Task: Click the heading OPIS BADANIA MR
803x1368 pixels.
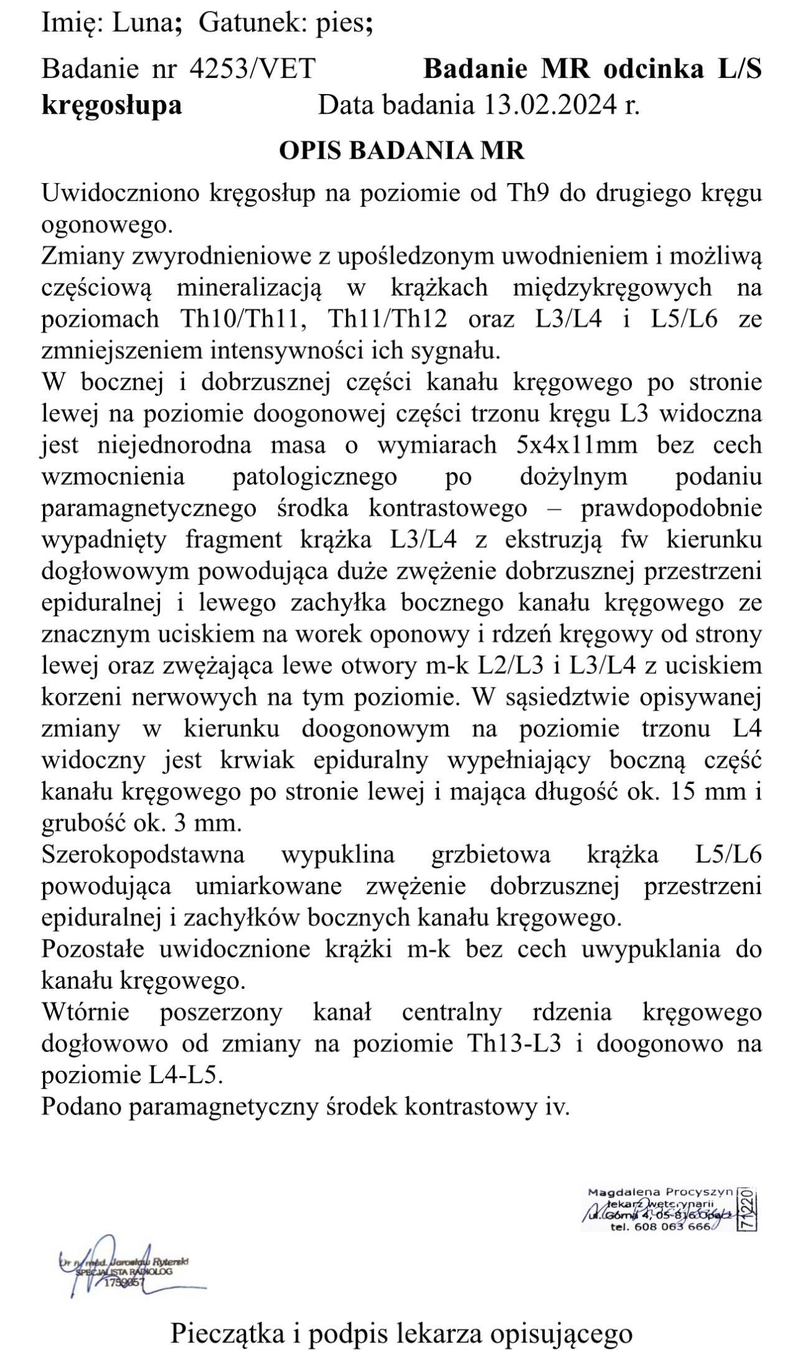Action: [x=401, y=151]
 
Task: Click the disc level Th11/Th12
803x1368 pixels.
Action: [x=387, y=319]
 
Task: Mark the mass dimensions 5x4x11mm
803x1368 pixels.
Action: [x=576, y=445]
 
